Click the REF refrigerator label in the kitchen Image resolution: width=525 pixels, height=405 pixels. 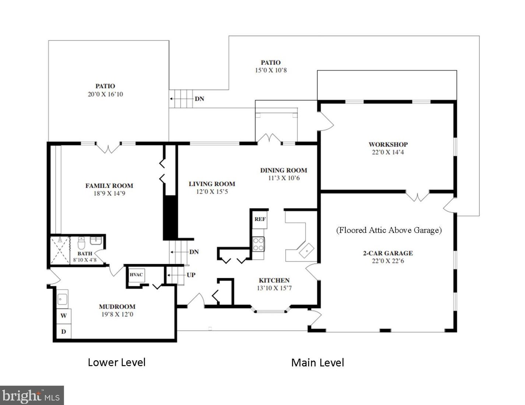click(x=260, y=219)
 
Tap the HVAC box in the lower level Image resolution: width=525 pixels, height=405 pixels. click(x=137, y=275)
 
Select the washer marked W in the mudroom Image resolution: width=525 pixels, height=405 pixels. click(x=64, y=316)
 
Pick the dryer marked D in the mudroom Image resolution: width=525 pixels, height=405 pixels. click(x=64, y=331)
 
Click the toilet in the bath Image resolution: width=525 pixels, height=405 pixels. click(x=81, y=243)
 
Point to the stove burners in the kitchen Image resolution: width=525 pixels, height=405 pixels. click(x=258, y=244)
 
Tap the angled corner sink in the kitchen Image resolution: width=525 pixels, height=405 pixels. click(x=306, y=251)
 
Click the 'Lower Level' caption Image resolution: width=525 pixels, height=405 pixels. click(x=117, y=362)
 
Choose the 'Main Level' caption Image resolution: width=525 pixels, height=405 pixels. click(x=317, y=363)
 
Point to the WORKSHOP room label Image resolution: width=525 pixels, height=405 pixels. click(x=388, y=144)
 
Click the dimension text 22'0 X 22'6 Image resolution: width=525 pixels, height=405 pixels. click(x=388, y=261)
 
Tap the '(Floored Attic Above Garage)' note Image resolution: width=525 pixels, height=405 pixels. click(x=389, y=230)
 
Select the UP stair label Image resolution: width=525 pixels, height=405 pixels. click(x=191, y=275)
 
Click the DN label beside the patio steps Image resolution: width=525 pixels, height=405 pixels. click(x=199, y=99)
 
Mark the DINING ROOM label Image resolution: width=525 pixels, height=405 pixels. click(x=283, y=170)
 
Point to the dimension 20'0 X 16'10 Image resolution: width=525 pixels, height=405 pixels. click(x=105, y=94)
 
